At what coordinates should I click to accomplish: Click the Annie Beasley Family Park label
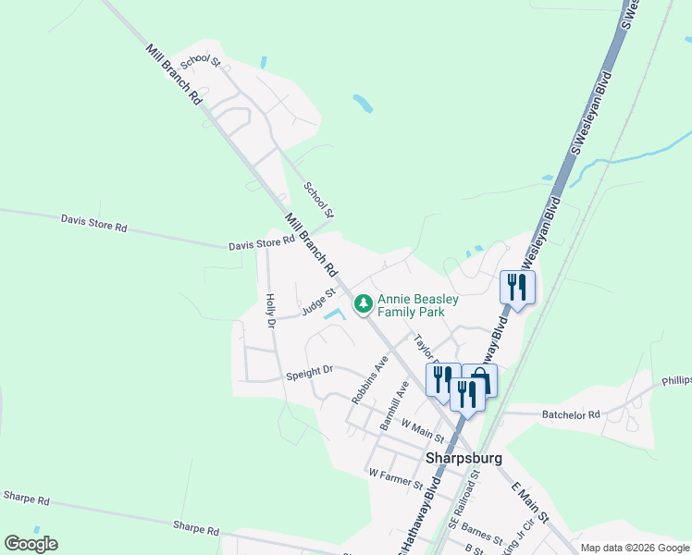click(x=417, y=305)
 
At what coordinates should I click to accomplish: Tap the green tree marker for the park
click(x=364, y=303)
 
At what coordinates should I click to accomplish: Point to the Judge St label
click(x=315, y=302)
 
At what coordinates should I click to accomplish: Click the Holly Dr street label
click(x=270, y=311)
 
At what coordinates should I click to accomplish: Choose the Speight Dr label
click(x=309, y=373)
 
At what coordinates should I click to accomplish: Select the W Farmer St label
click(x=395, y=478)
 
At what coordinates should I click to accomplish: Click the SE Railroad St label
click(x=465, y=499)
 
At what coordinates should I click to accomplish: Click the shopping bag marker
click(x=479, y=378)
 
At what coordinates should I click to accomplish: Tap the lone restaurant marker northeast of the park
click(x=517, y=286)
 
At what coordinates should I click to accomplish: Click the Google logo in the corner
click(x=31, y=544)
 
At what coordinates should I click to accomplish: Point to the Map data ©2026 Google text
click(x=634, y=548)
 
